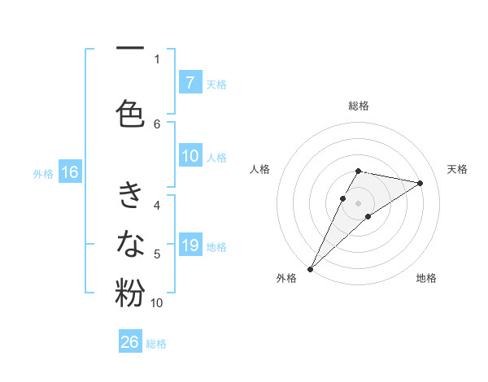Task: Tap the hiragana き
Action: [130, 196]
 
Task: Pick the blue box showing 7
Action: [190, 82]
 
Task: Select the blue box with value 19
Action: [190, 245]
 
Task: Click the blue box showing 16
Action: [69, 172]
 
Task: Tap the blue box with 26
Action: [130, 342]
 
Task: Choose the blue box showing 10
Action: [190, 156]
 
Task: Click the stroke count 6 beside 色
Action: [157, 124]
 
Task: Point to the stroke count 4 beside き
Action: [157, 206]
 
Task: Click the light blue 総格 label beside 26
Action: [156, 343]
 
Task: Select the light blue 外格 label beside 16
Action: [42, 173]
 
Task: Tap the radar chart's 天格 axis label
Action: [457, 169]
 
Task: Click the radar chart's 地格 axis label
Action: [426, 279]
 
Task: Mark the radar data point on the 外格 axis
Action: [310, 268]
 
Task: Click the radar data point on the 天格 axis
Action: [420, 183]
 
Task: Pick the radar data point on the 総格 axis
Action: [358, 171]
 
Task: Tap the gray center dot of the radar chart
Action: [358, 202]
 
